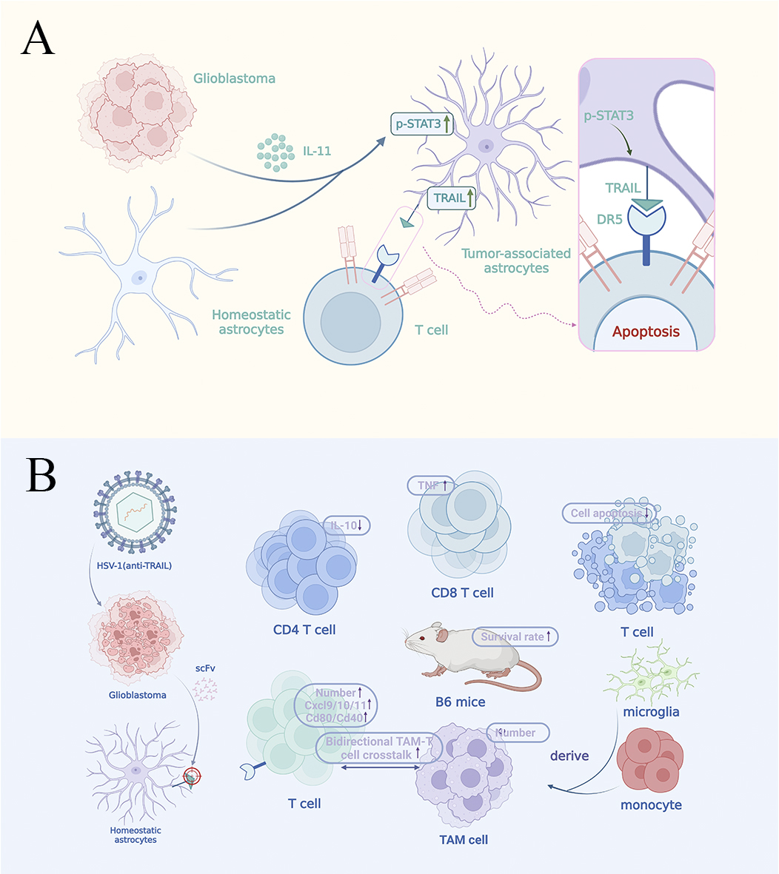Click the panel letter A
38,38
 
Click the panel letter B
41,476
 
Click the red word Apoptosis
646,331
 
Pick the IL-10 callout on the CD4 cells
346,525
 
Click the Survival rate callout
515,636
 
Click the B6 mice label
460,701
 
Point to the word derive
569,756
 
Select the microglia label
652,711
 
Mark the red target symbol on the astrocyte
192,776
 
